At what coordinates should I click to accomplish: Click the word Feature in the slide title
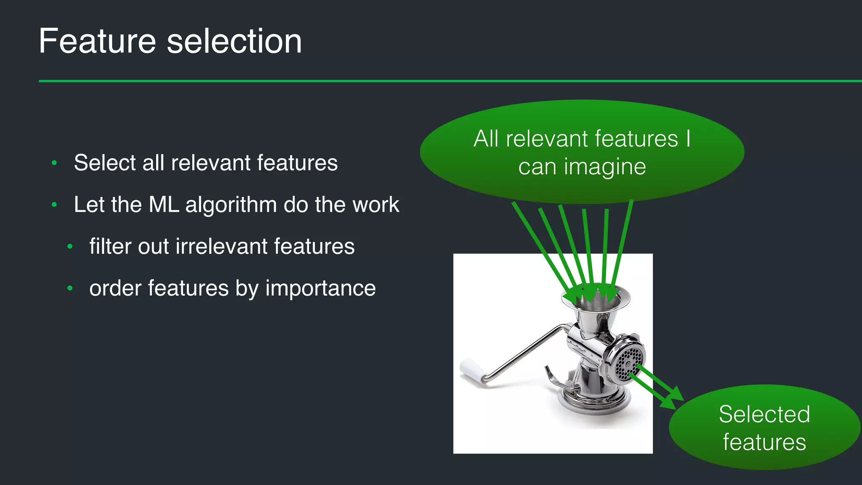click(97, 41)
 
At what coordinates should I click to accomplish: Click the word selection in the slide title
click(234, 41)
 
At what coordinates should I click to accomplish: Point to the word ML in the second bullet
click(164, 205)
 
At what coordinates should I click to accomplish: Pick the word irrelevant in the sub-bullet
click(221, 246)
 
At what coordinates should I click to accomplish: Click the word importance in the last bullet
click(320, 289)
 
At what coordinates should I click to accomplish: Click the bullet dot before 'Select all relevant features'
click(54, 163)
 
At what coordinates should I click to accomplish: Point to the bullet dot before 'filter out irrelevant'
click(70, 247)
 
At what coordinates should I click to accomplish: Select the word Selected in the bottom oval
click(764, 414)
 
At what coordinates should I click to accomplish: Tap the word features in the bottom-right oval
click(764, 442)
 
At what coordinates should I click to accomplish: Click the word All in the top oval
click(486, 139)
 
